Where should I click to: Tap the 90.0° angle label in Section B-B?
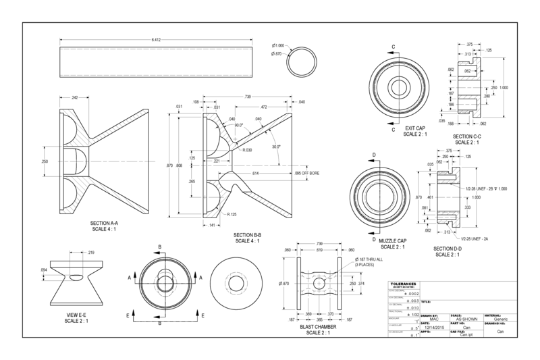coord(238,125)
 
